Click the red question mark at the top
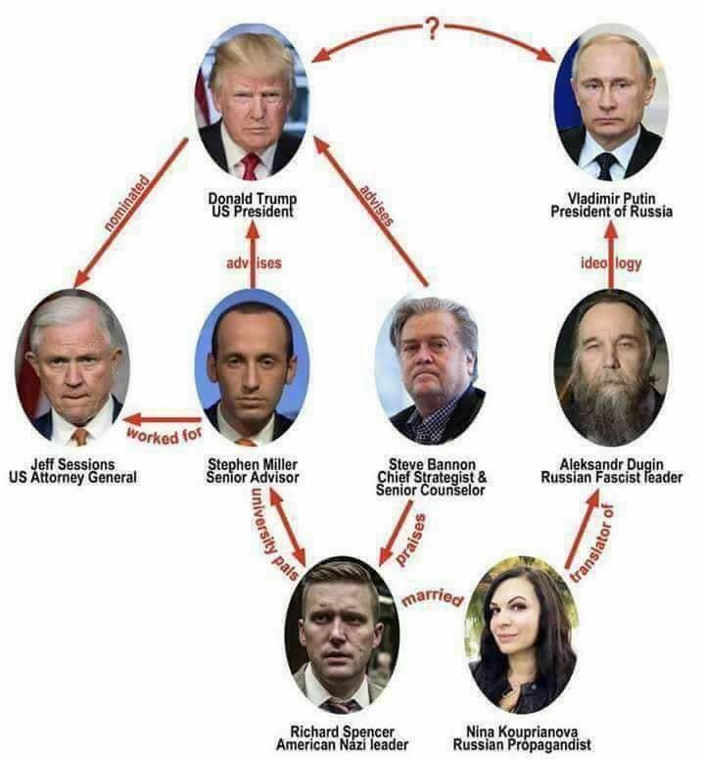click(x=432, y=28)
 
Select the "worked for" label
click(x=164, y=430)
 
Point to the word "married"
click(x=431, y=595)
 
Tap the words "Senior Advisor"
click(x=252, y=477)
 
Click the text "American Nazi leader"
click(x=342, y=744)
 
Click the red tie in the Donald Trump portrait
click(x=251, y=165)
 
